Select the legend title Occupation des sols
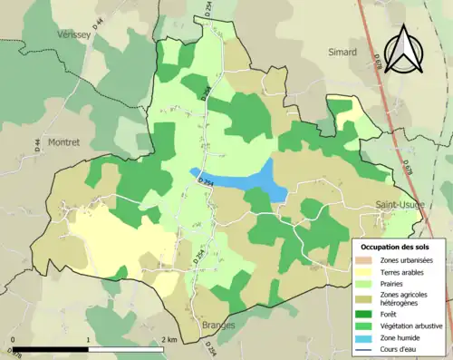pos(397,247)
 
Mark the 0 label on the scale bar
pos(14,339)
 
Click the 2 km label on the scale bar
pos(169,339)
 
